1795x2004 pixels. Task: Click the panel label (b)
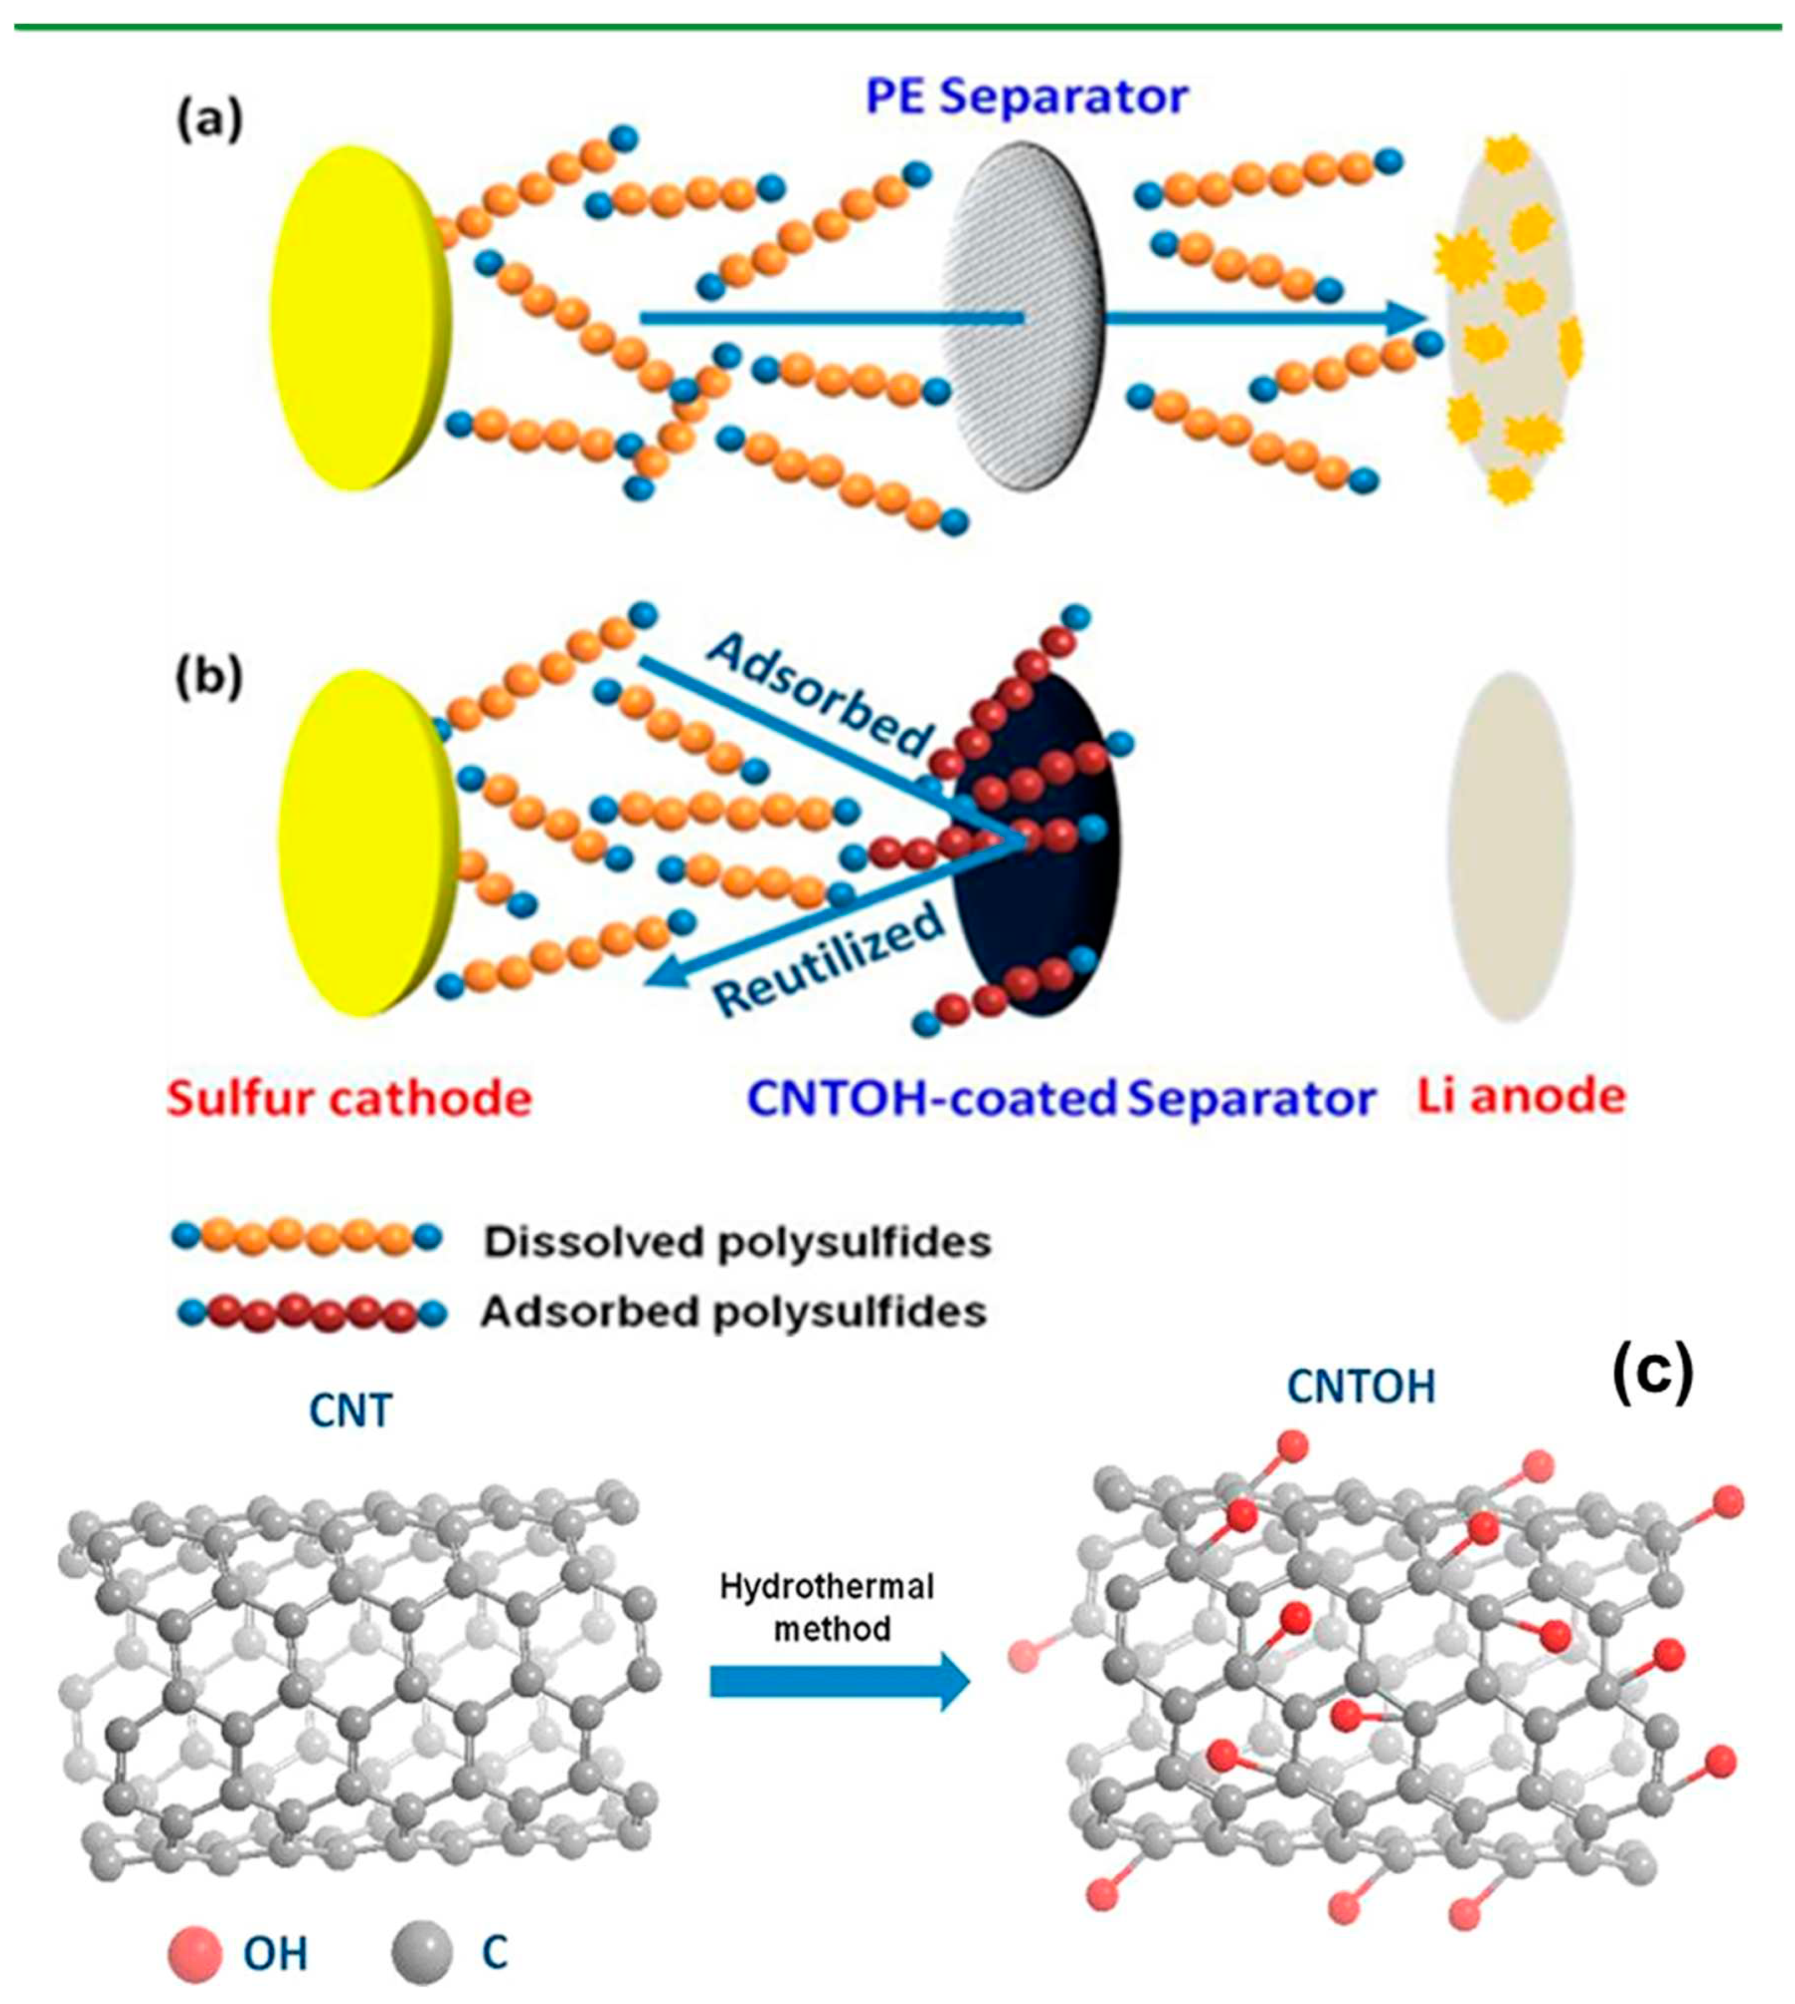(x=208, y=678)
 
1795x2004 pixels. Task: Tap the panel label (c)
(x=1652, y=1373)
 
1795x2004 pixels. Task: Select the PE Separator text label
(x=1026, y=97)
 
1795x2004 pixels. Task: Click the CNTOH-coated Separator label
(x=1060, y=1098)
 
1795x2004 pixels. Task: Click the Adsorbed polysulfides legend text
(x=734, y=1312)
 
